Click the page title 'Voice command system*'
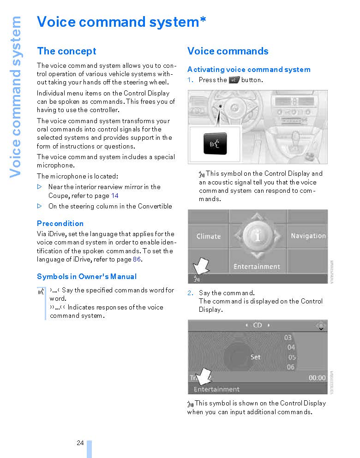click(x=121, y=22)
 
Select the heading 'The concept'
click(x=66, y=51)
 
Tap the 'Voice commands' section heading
click(x=228, y=51)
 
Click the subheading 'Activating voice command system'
click(x=249, y=70)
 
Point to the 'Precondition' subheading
click(x=60, y=224)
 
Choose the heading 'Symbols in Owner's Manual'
click(x=87, y=277)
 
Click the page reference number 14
click(x=115, y=196)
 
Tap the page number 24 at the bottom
click(x=80, y=443)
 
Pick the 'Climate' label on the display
click(x=208, y=236)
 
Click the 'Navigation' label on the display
click(x=308, y=236)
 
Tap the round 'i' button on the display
click(x=258, y=236)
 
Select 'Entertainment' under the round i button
click(x=257, y=267)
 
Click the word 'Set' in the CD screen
click(x=255, y=357)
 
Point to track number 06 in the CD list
click(x=290, y=367)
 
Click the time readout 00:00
click(x=317, y=378)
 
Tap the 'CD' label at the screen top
click(x=258, y=325)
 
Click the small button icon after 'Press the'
click(x=234, y=80)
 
